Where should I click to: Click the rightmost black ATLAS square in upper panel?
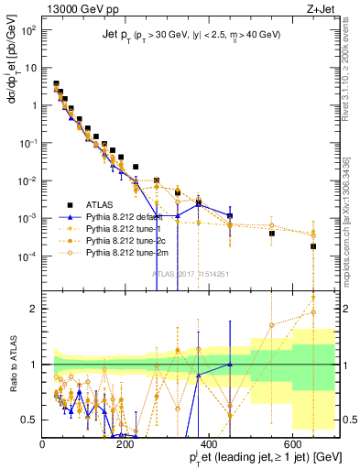click(313, 246)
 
